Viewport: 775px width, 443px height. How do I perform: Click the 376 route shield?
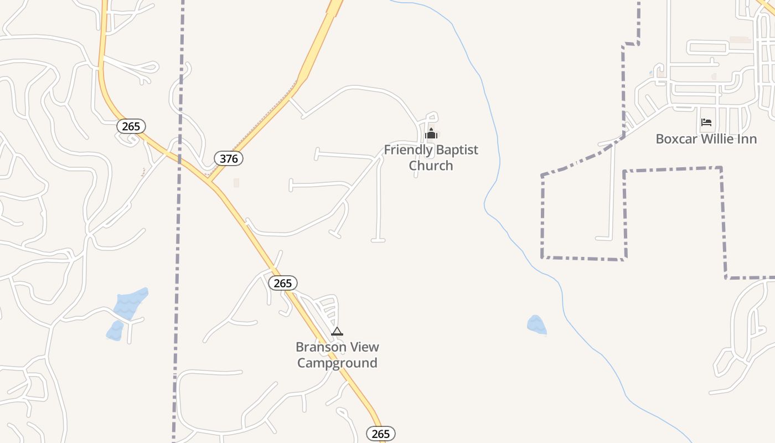[229, 159]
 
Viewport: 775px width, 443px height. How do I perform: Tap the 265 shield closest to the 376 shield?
[131, 126]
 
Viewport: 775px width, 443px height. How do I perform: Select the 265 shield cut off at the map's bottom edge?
[381, 434]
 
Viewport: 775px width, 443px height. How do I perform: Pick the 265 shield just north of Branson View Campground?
[283, 283]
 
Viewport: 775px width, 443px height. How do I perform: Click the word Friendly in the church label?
[408, 150]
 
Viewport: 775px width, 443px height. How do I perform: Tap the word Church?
[431, 166]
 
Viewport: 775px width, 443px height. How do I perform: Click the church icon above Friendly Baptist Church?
[431, 134]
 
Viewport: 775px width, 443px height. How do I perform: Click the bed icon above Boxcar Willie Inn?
[706, 122]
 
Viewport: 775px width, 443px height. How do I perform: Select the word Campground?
[337, 363]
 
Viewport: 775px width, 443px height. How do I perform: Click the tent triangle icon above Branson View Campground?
[337, 332]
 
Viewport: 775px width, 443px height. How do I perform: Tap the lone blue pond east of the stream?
[536, 325]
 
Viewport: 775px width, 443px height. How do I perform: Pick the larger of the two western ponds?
[131, 303]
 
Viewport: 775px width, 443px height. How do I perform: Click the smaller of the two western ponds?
[115, 331]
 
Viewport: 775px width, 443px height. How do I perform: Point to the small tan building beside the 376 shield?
[236, 183]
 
